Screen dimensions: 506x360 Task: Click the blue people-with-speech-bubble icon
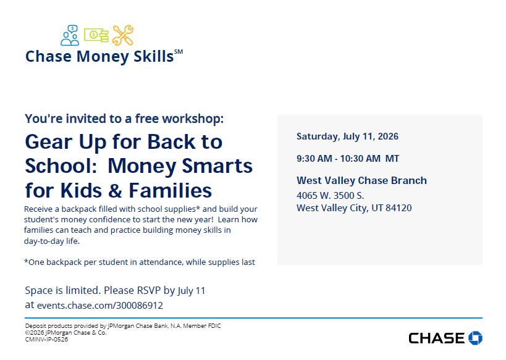click(x=70, y=35)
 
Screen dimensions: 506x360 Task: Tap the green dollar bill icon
click(x=96, y=35)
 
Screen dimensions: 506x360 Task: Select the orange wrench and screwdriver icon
click(x=123, y=35)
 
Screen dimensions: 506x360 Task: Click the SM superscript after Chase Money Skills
click(x=179, y=52)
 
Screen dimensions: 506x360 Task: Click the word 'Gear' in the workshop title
click(x=49, y=142)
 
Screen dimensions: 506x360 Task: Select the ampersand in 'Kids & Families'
click(x=115, y=190)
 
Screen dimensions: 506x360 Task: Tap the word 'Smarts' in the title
click(x=217, y=166)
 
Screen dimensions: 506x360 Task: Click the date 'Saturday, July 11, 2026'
click(x=348, y=136)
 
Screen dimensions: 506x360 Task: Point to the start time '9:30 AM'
click(x=314, y=159)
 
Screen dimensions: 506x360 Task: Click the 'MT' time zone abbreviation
click(x=392, y=159)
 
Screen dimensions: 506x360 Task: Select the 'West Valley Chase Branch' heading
click(x=362, y=180)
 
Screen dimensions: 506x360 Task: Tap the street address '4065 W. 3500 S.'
click(x=330, y=196)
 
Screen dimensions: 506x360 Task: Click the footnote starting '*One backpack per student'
click(x=140, y=262)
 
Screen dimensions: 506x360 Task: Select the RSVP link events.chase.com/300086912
click(x=100, y=305)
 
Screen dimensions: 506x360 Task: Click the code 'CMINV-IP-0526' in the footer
click(x=46, y=340)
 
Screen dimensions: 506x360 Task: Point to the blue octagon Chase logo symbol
click(x=475, y=338)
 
